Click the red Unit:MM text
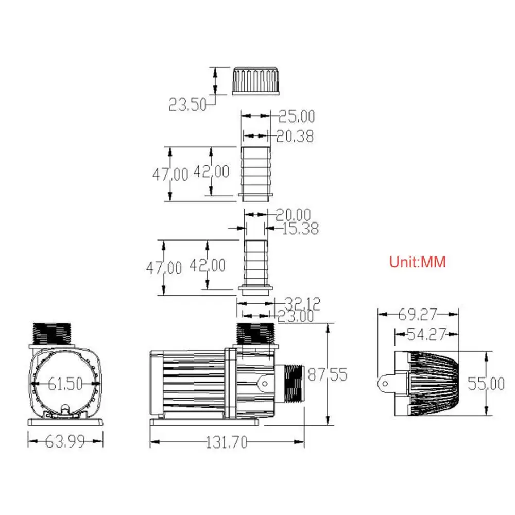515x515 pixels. pyautogui.click(x=418, y=262)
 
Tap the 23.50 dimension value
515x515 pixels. pyautogui.click(x=187, y=105)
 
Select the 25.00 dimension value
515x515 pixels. pyautogui.click(x=297, y=116)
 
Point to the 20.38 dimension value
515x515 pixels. pyautogui.click(x=295, y=136)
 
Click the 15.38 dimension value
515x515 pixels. pyautogui.click(x=300, y=229)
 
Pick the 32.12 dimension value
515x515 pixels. pyautogui.click(x=302, y=303)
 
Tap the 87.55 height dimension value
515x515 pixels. pyautogui.click(x=328, y=375)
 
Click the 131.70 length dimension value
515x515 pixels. pyautogui.click(x=227, y=442)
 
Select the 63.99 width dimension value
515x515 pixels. pyautogui.click(x=65, y=441)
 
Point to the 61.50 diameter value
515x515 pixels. pyautogui.click(x=65, y=384)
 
